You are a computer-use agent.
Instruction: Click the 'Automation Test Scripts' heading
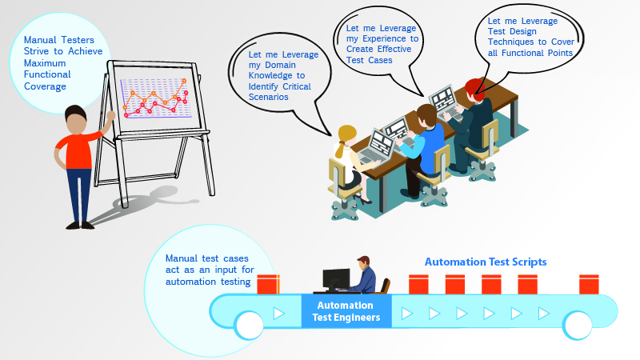click(486, 262)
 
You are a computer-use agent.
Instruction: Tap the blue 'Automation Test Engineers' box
click(346, 311)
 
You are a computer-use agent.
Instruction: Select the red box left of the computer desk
click(268, 285)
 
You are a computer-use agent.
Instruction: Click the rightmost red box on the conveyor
click(589, 285)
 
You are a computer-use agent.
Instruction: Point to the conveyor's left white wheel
click(250, 326)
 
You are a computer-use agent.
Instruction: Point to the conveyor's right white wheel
click(577, 326)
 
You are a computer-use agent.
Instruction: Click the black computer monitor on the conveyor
click(336, 279)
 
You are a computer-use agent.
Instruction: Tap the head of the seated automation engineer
click(363, 262)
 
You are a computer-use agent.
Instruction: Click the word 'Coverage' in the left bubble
click(45, 86)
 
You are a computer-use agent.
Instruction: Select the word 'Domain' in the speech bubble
click(280, 65)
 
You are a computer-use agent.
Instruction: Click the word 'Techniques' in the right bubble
click(510, 42)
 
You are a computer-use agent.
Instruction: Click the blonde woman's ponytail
click(339, 149)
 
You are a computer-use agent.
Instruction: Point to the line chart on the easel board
click(155, 98)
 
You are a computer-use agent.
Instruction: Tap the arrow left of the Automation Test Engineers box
click(279, 314)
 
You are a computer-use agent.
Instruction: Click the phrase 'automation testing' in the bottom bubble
click(208, 282)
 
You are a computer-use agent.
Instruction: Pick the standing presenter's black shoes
click(80, 226)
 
